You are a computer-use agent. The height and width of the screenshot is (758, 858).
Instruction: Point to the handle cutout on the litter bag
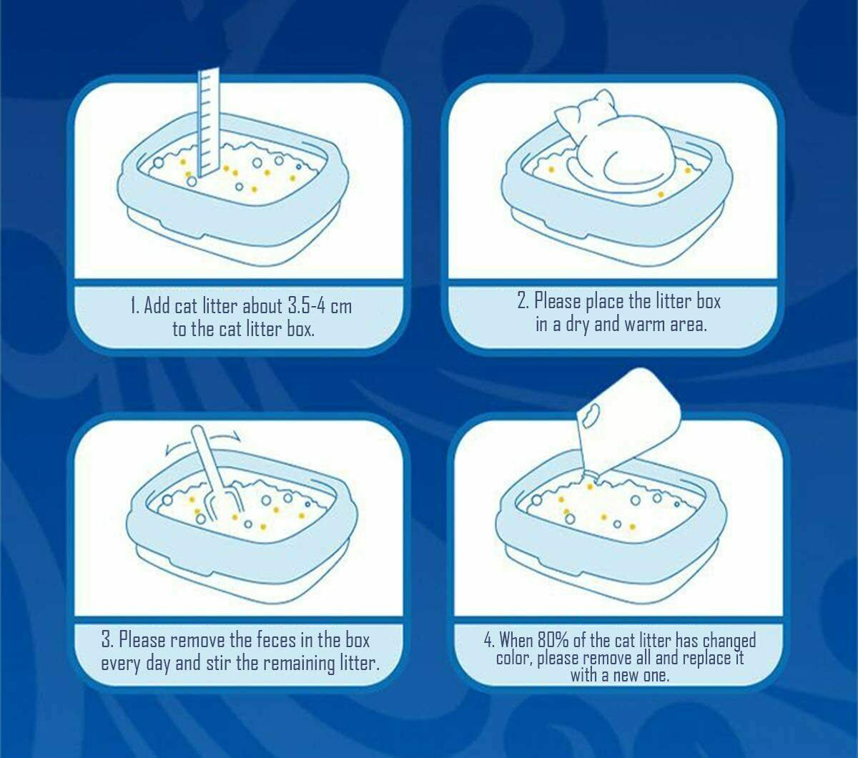click(590, 415)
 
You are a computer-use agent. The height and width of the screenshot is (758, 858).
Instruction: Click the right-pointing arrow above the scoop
click(225, 435)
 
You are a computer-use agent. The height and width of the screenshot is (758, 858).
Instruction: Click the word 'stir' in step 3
click(219, 663)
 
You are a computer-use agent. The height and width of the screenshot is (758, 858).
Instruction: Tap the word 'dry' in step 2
click(578, 325)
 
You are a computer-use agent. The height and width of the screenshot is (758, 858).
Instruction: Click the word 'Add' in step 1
click(157, 305)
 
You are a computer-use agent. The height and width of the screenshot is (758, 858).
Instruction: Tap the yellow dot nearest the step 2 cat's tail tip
click(661, 195)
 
